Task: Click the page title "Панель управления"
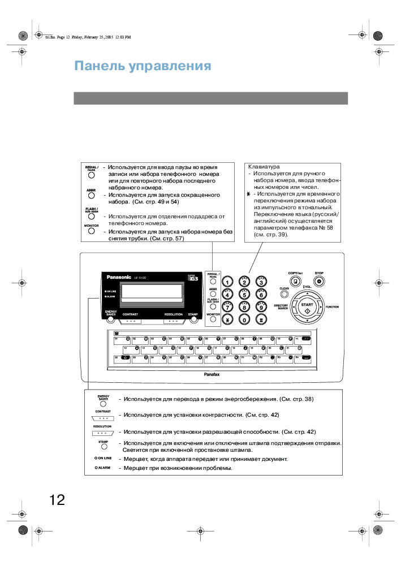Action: (143, 66)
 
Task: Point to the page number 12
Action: (57, 500)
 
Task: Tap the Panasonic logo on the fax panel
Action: (119, 277)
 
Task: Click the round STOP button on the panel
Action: (319, 281)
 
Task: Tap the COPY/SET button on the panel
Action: (295, 281)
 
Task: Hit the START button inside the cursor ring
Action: (307, 306)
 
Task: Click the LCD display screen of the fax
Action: (152, 292)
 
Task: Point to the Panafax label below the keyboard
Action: (212, 374)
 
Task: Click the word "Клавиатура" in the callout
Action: (264, 167)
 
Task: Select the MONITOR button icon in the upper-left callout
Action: (91, 232)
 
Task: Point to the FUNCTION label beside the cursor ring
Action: (332, 306)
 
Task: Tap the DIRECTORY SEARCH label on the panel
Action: (281, 306)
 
